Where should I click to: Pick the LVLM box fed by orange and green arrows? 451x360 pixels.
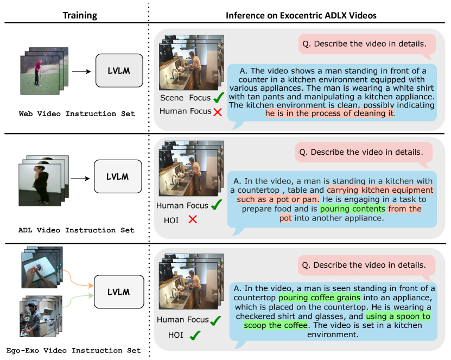tap(118, 292)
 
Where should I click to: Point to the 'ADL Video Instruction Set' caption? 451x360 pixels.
tap(76, 230)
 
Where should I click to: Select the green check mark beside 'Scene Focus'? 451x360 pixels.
tap(219, 98)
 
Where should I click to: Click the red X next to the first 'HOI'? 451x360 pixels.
tap(192, 219)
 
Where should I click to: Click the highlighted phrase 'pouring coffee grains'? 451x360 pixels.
tap(319, 298)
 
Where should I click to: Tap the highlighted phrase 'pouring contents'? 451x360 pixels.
tap(352, 209)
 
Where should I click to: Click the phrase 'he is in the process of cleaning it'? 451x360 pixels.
tap(329, 113)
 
